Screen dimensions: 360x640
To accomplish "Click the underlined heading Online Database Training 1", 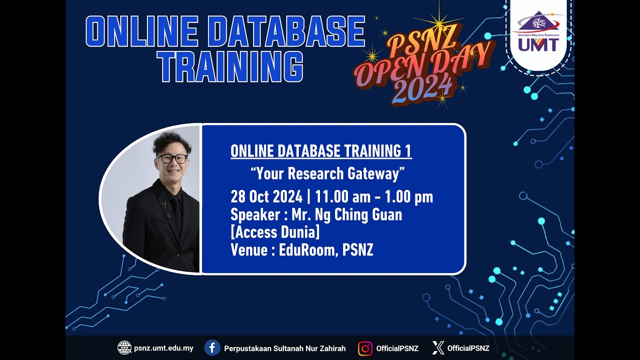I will point(321,151).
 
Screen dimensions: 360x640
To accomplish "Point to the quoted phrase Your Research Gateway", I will point(327,173).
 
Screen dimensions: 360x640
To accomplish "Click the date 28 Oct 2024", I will point(267,197).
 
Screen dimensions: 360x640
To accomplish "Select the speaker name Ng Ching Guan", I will point(355,215).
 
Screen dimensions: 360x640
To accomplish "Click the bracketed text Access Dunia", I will point(274,232).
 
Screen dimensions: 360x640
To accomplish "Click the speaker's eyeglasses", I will point(172,159).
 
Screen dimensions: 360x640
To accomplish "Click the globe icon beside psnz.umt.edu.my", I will point(124,348).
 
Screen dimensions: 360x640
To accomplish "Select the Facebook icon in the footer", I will point(212,348).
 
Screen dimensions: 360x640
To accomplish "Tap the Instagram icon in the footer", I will point(365,348).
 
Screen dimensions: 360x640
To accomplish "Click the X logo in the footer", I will point(438,348).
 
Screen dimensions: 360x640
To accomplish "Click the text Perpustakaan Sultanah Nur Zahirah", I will point(284,348).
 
